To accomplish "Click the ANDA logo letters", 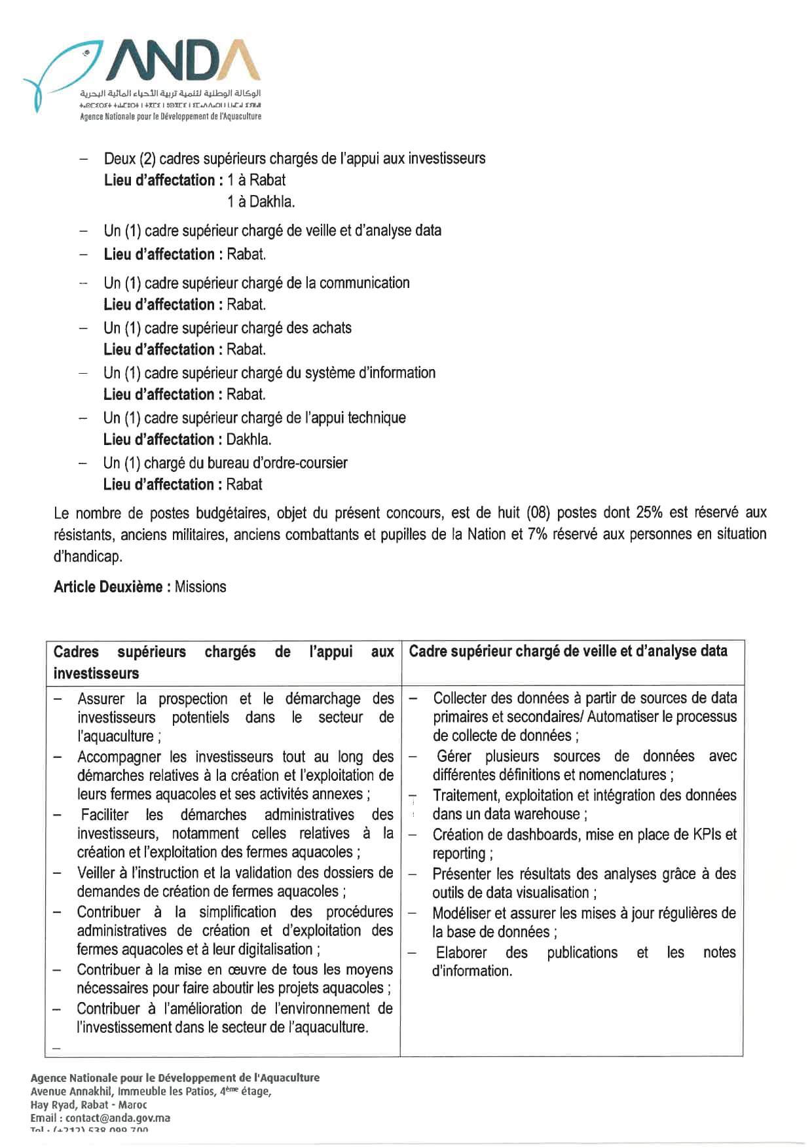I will (x=186, y=63).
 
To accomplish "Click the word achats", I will (x=331, y=328).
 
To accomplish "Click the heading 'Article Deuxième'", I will (x=108, y=586).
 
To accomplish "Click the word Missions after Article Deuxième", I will (x=200, y=586).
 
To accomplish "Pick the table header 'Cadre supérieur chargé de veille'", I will (x=568, y=651).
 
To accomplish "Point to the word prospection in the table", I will (x=193, y=699).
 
